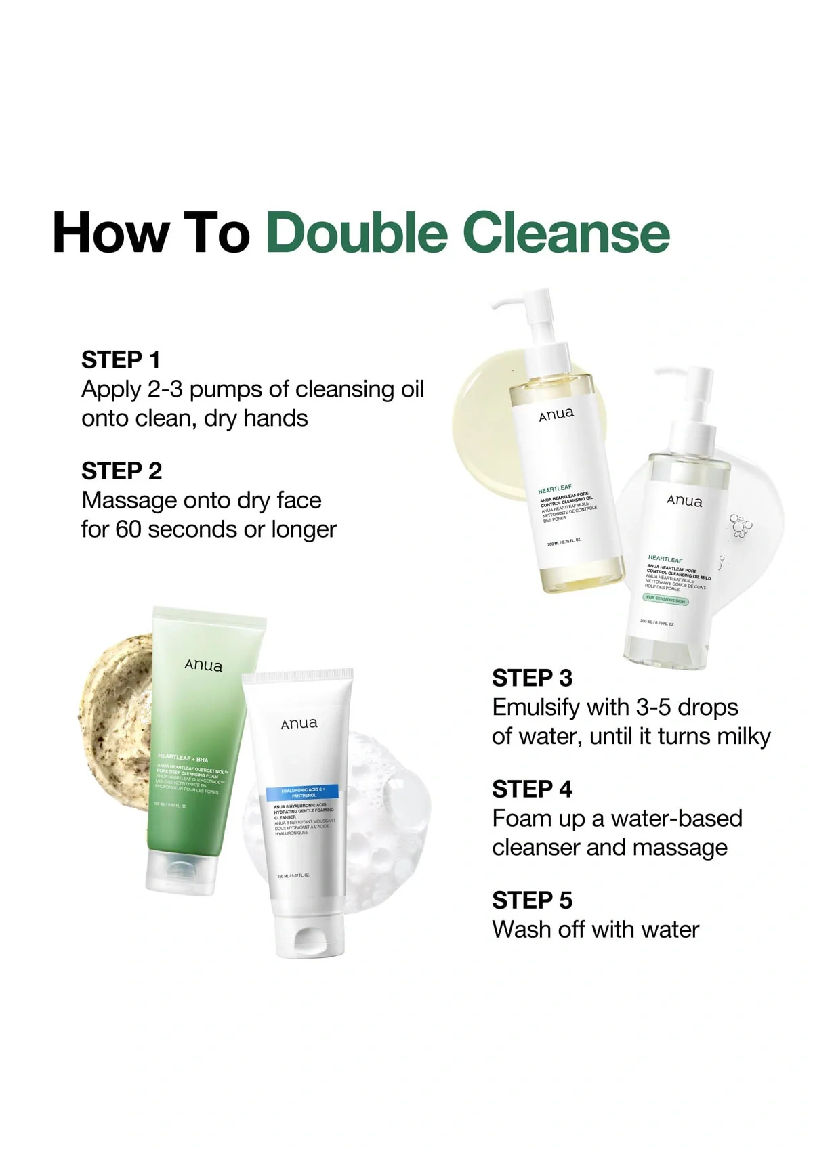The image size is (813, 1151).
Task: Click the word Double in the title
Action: [x=358, y=232]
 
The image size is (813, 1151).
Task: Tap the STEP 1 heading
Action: [x=121, y=360]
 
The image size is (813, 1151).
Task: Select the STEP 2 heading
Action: [x=122, y=471]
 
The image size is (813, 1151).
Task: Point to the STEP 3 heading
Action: [x=532, y=678]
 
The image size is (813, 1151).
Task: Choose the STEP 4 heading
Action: [x=532, y=789]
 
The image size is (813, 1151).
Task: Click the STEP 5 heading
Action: [x=532, y=900]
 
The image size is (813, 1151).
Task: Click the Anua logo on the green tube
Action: [x=203, y=666]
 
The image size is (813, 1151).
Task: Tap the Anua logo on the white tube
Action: [x=299, y=724]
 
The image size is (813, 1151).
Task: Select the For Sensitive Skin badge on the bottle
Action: [x=665, y=599]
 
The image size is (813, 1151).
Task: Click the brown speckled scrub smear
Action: [x=119, y=718]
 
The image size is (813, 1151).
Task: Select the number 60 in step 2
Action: [x=127, y=529]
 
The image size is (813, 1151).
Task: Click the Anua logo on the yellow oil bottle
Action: [x=556, y=414]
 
